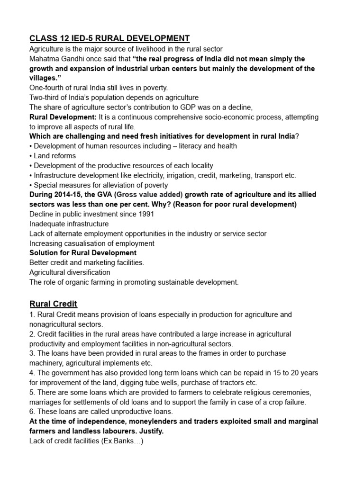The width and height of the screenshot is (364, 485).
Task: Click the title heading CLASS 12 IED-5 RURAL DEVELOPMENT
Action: [109, 38]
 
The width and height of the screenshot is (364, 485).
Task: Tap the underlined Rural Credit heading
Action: [54, 304]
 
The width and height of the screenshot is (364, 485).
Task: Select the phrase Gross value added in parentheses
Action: [148, 195]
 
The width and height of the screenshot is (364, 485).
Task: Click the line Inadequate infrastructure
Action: [69, 224]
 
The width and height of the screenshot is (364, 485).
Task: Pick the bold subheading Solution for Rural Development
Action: [83, 253]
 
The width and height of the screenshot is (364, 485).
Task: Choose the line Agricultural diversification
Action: [70, 272]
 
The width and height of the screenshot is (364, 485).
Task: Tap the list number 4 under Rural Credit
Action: [32, 373]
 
